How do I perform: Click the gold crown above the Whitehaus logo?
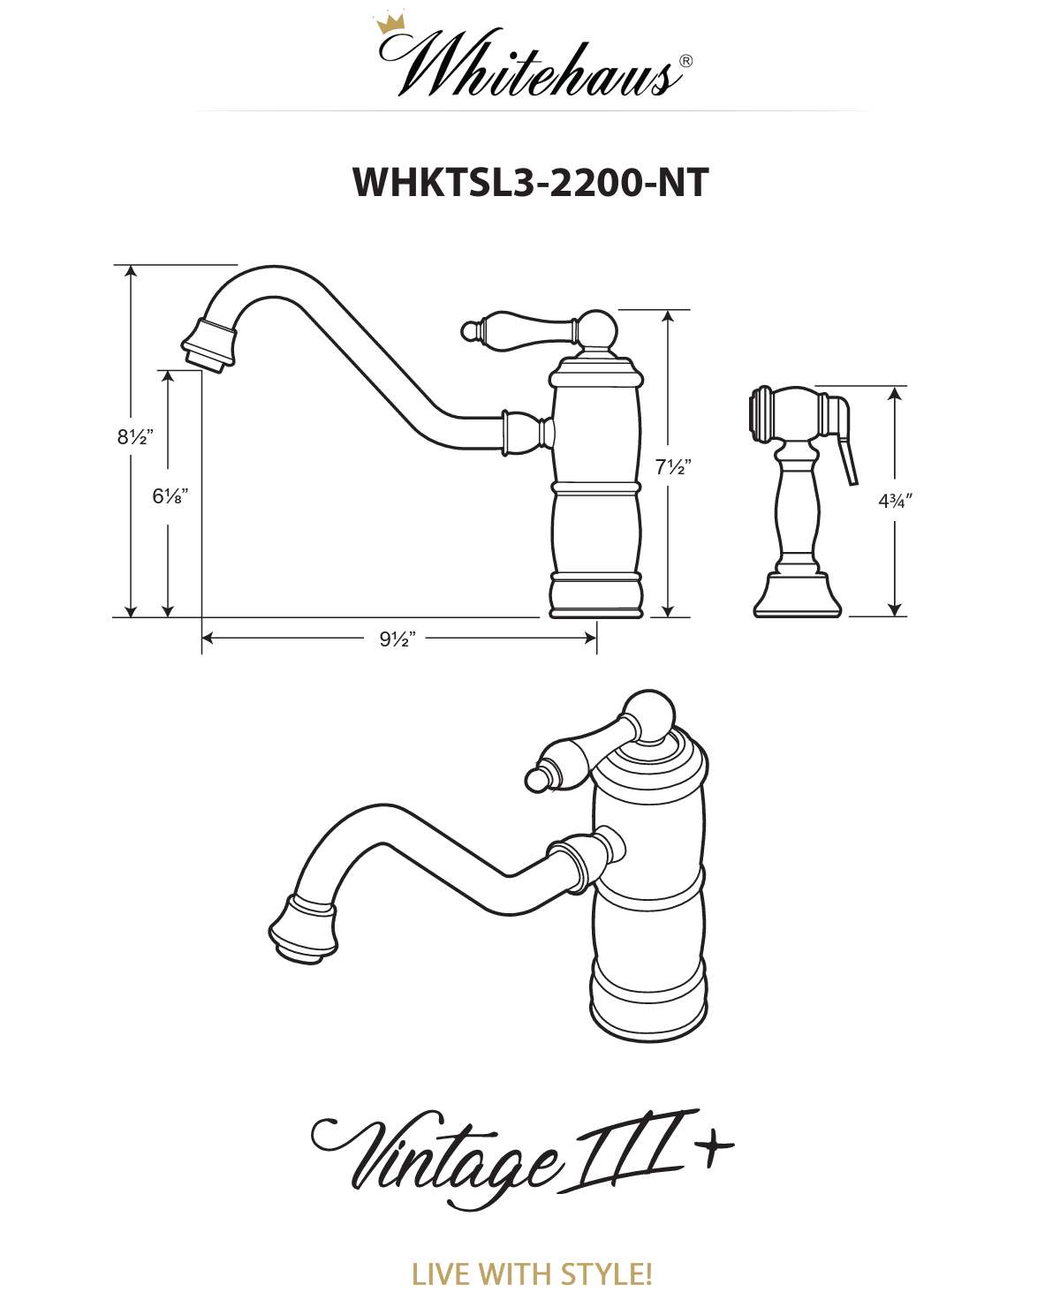coord(390,24)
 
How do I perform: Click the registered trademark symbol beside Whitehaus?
coord(685,61)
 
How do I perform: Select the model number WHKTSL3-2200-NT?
coord(530,183)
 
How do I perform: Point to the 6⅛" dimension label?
coord(170,495)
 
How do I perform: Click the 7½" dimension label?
coord(673,467)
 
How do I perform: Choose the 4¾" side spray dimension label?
coord(896,501)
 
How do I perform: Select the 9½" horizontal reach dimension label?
coord(397,639)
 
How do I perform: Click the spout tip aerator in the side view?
coord(208,346)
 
